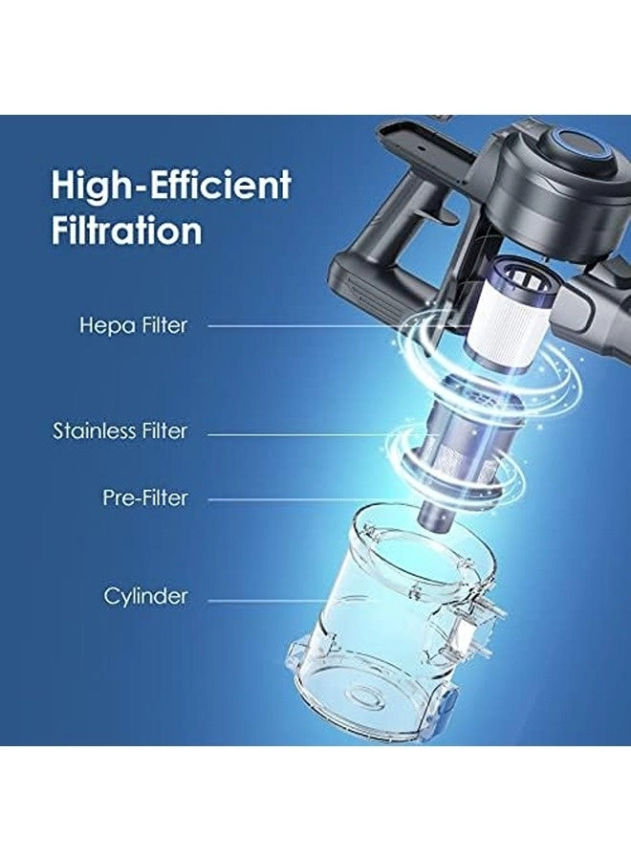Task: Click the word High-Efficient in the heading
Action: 170,185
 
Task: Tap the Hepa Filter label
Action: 133,325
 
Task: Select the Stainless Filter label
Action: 120,431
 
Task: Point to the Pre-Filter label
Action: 145,498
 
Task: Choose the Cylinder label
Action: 145,596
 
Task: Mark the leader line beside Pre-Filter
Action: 314,499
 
